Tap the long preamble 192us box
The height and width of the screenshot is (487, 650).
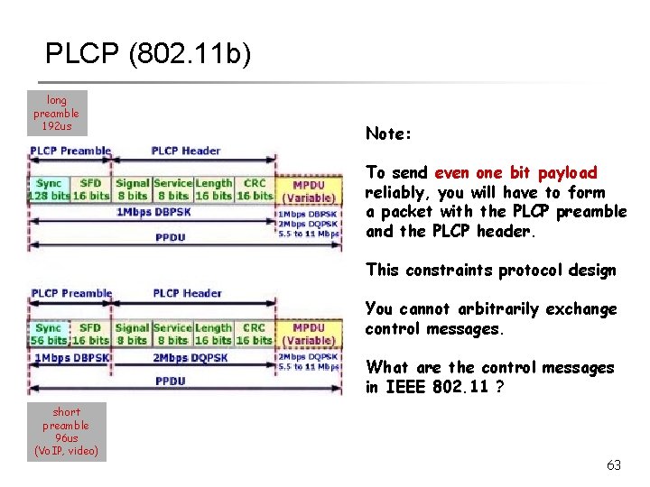pos(56,113)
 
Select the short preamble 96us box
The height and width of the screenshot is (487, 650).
pos(66,431)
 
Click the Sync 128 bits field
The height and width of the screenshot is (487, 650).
pos(49,189)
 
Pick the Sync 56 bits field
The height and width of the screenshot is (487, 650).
pos(49,334)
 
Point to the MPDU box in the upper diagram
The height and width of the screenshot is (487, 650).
pos(309,190)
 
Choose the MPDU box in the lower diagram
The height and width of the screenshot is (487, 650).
pos(309,334)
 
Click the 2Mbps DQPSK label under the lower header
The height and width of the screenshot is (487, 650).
pos(190,357)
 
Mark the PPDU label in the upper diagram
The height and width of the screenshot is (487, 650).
pos(171,236)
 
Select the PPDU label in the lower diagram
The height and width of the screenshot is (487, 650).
pos(171,381)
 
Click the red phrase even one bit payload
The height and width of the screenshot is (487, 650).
pos(515,172)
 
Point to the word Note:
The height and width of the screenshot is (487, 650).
pos(388,133)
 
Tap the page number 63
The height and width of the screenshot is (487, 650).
pos(614,465)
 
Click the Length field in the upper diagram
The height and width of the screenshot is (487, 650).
pos(213,189)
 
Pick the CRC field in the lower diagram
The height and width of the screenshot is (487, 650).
pos(255,334)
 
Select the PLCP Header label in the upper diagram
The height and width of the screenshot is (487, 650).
pos(186,151)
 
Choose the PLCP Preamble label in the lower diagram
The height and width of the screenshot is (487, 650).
pos(71,293)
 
